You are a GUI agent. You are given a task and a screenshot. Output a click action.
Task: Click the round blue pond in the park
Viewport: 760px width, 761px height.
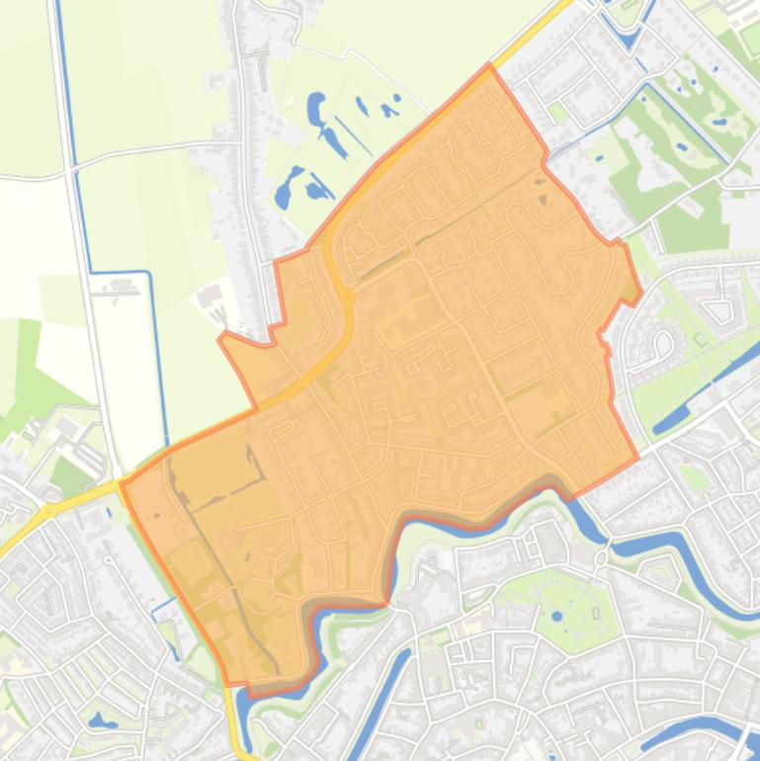(x=556, y=616)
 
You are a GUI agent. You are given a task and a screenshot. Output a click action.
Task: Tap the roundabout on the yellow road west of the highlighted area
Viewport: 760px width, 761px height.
(x=46, y=511)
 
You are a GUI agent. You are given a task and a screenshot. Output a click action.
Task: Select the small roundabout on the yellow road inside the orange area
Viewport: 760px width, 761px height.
(x=347, y=295)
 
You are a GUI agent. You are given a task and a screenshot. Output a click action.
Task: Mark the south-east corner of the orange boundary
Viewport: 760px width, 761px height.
(x=637, y=458)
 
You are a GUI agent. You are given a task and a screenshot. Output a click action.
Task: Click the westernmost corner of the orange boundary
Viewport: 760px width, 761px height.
(x=122, y=482)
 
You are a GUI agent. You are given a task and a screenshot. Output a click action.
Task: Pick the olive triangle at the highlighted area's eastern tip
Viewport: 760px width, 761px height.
(x=631, y=289)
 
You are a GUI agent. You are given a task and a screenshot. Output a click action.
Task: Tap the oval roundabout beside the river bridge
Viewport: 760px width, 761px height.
(x=603, y=558)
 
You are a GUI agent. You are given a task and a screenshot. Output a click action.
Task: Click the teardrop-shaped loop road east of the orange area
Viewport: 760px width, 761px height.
(x=663, y=343)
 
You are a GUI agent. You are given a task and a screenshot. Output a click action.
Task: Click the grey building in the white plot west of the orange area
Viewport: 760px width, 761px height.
(x=210, y=296)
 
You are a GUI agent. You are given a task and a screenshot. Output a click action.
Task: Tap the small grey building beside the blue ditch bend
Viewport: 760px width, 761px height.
(x=124, y=287)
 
